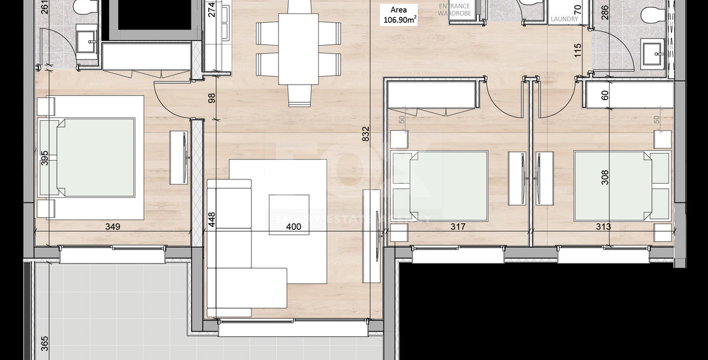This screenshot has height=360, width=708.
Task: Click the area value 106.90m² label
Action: (400, 19)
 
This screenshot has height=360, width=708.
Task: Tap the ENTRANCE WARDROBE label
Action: (454, 10)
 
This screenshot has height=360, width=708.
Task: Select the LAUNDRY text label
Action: (565, 19)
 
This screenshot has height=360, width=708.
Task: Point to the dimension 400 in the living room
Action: (293, 227)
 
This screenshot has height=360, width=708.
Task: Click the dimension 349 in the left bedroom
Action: (113, 227)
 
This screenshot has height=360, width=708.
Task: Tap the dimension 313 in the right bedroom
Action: (604, 227)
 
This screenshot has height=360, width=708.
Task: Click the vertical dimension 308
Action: (605, 177)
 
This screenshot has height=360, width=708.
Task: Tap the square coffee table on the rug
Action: (289, 208)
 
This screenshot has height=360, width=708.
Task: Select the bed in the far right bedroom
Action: (621, 186)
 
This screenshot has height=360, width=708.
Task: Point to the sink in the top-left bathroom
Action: (92, 41)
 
